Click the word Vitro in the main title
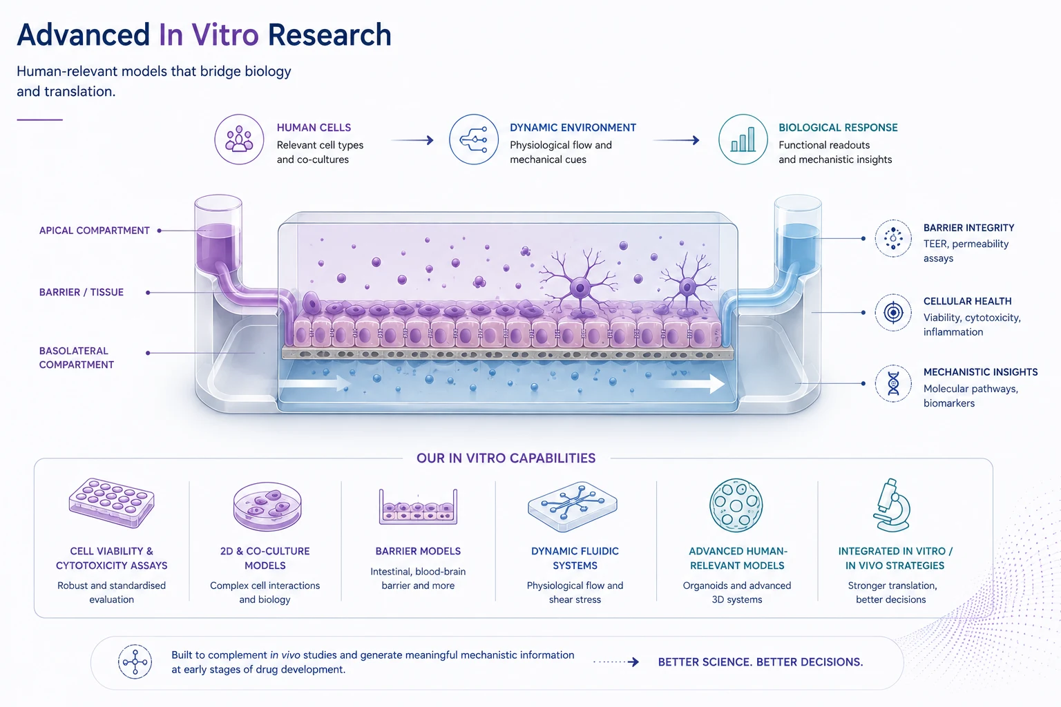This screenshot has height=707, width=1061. [224, 35]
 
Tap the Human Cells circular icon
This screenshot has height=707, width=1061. [239, 139]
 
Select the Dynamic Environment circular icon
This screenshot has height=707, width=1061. [474, 139]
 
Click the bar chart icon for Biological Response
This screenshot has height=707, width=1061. [743, 139]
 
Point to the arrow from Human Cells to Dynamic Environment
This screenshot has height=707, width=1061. [412, 140]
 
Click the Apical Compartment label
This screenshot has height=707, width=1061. [94, 231]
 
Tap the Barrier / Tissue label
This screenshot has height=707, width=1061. [81, 292]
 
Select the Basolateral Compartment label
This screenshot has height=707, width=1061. [76, 358]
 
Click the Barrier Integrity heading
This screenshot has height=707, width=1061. [968, 228]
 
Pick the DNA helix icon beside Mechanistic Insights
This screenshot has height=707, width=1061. [893, 383]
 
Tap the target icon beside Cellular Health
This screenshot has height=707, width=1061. [893, 313]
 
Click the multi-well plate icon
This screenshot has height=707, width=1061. [112, 503]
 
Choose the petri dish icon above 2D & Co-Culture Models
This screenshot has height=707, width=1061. [267, 506]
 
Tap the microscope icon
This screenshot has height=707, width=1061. [892, 505]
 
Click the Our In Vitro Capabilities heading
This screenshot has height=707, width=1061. [506, 458]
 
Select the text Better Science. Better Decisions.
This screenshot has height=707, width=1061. [761, 662]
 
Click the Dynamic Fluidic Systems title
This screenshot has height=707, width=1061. [575, 559]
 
